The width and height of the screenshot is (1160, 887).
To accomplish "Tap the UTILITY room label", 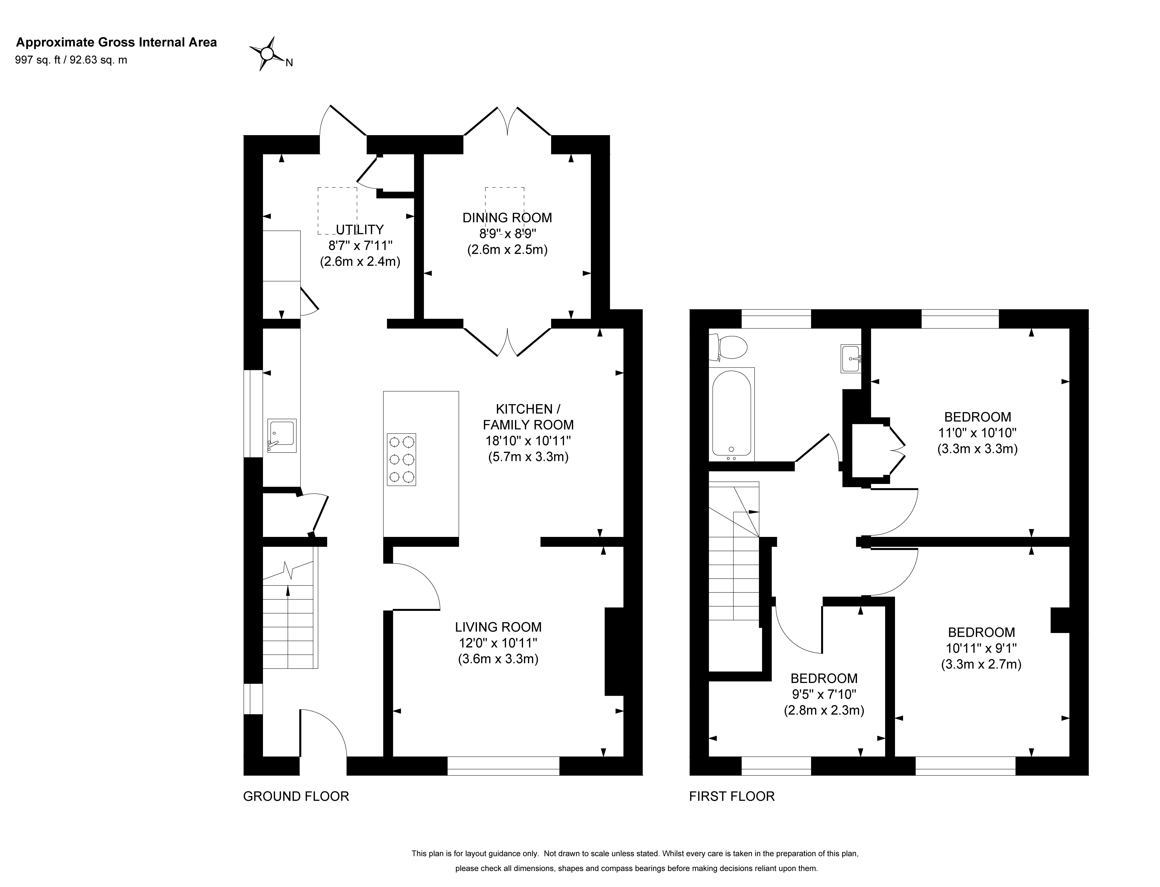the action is coord(360,230).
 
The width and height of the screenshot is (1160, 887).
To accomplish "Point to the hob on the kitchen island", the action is coord(401,459).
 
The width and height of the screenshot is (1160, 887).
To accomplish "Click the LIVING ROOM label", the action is coord(498,627).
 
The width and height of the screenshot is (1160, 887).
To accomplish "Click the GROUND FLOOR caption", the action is coord(296,796).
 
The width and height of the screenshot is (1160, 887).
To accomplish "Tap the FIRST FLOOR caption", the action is coord(732,796).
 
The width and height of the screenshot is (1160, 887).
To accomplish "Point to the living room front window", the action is coord(503,766).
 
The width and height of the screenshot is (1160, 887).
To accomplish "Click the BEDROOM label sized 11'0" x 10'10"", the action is coord(977,417).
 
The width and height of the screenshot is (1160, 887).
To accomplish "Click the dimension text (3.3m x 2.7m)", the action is coord(981,664).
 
